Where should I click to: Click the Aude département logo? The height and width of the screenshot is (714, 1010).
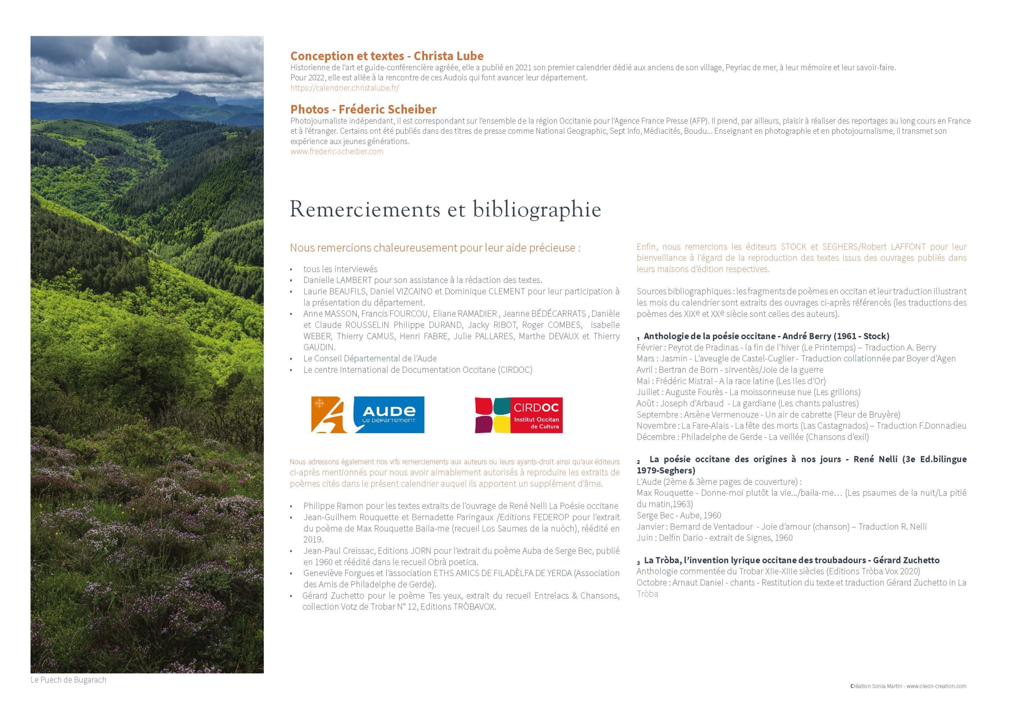[368, 415]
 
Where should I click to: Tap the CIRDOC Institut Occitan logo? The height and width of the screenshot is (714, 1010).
[519, 415]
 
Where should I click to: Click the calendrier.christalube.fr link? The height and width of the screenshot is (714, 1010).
[344, 88]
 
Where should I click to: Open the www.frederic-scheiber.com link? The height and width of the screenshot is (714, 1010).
[337, 152]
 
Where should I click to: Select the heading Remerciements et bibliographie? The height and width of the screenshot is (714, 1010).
[445, 209]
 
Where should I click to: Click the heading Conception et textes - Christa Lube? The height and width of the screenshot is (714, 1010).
[387, 56]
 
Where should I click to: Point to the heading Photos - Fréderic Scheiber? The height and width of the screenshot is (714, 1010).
[363, 110]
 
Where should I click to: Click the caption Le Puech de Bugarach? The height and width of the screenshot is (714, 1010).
[69, 680]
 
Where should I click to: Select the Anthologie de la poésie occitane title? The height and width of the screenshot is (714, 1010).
[766, 336]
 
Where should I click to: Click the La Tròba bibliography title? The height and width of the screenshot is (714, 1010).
[791, 561]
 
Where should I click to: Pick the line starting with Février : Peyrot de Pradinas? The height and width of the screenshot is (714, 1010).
[786, 348]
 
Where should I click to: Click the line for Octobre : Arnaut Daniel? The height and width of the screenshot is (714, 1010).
[801, 583]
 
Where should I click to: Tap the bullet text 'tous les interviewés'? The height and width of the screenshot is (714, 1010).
[340, 269]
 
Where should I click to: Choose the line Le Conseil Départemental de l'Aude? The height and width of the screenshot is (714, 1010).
[370, 359]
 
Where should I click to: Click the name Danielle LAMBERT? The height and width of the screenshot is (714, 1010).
[337, 280]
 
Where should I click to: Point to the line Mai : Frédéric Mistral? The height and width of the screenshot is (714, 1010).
[731, 381]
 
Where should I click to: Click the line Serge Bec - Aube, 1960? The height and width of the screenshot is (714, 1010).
[679, 515]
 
